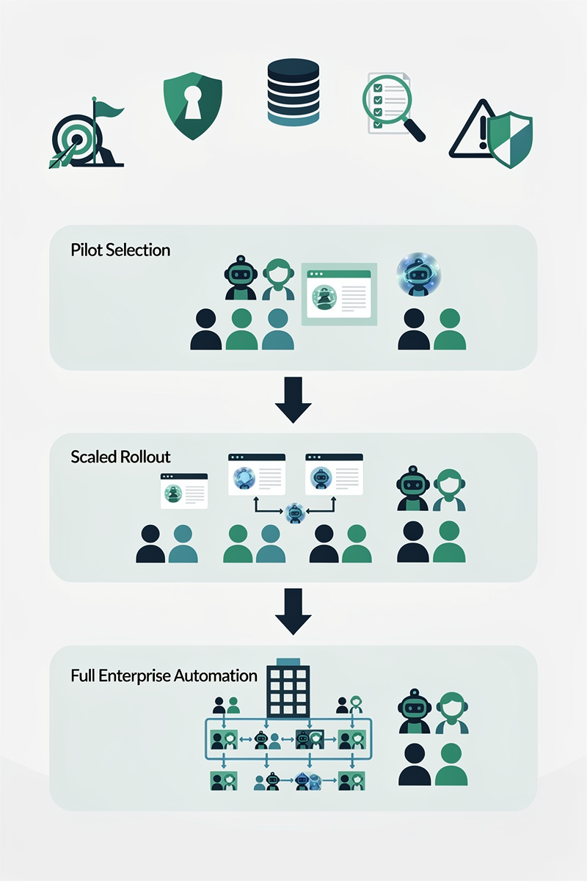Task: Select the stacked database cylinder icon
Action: [x=293, y=93]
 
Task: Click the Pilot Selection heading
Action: [x=120, y=250]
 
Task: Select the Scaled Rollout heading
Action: [x=120, y=457]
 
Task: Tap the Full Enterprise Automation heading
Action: [x=164, y=675]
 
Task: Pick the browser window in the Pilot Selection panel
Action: [x=338, y=292]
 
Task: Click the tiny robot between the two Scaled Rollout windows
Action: [x=294, y=512]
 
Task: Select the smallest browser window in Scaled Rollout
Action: [x=184, y=490]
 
